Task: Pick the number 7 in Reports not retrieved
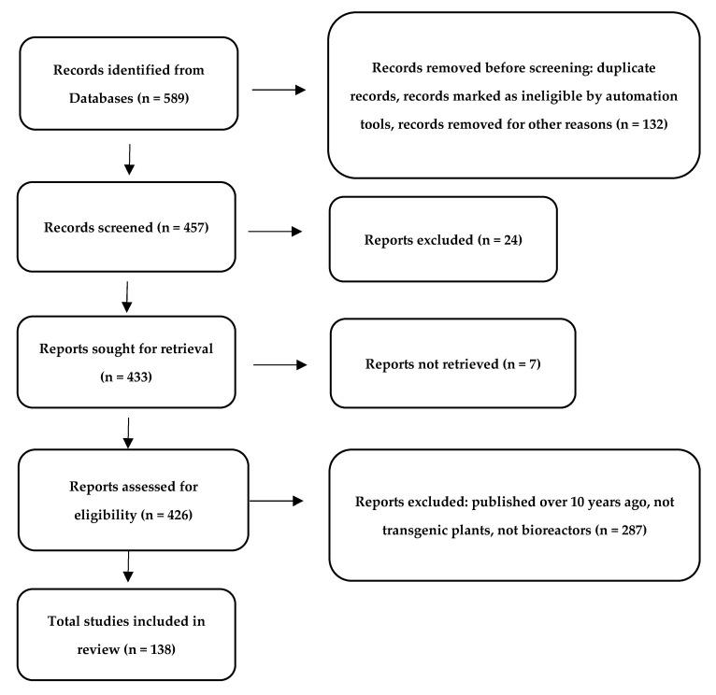(531, 362)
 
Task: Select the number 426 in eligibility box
(181, 513)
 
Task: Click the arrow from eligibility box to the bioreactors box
(277, 501)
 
